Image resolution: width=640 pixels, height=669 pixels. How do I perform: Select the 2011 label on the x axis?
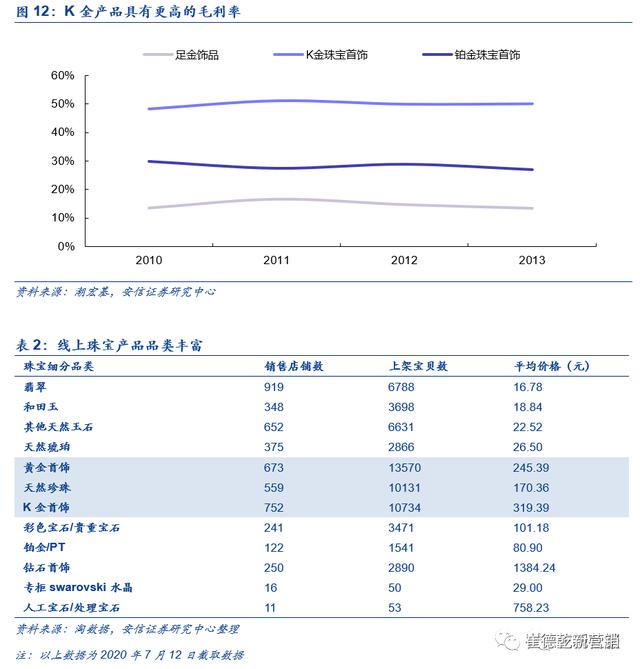point(276,260)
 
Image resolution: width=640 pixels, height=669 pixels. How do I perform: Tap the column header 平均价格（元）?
point(551,367)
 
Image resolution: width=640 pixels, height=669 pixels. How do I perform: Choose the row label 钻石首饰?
point(45,568)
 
